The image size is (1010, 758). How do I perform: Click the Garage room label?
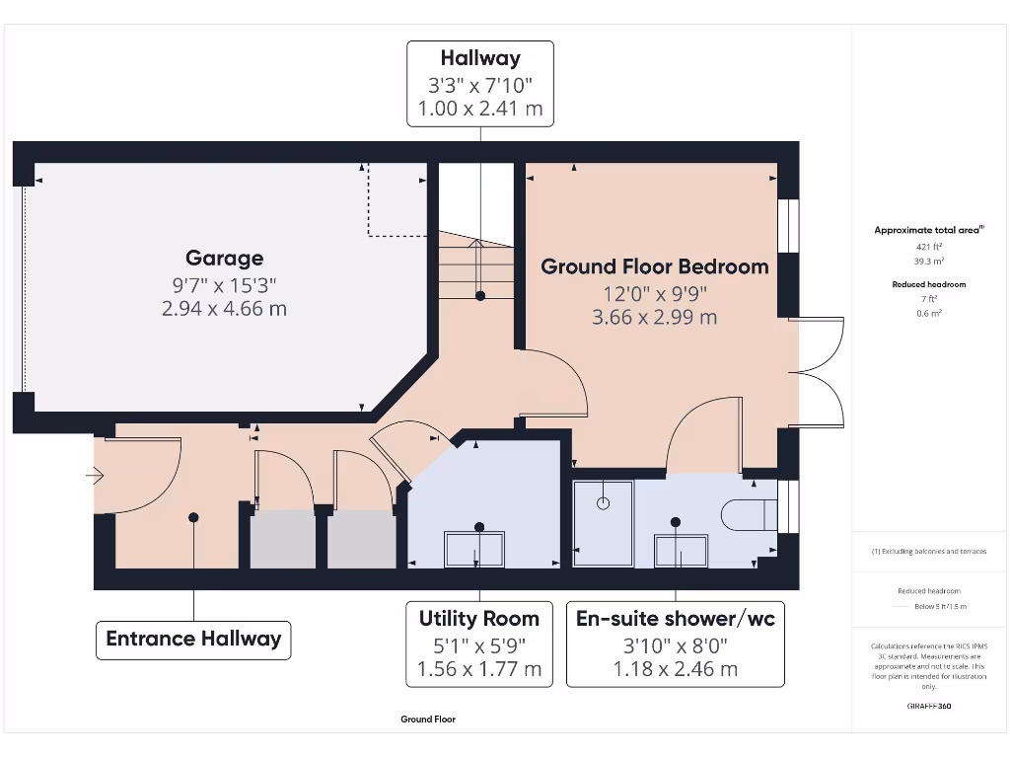[225, 259]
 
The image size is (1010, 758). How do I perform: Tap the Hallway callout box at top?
[480, 84]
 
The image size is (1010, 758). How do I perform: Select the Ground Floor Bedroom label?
[654, 266]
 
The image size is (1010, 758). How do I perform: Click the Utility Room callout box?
[479, 644]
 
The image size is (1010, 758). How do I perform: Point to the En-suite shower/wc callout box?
[676, 644]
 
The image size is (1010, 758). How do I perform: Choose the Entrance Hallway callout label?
[193, 639]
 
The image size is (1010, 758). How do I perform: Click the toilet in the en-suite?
[750, 514]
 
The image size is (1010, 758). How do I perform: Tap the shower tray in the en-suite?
[604, 523]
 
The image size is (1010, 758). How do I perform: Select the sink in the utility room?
[474, 549]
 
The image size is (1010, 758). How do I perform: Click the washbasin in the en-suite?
[681, 551]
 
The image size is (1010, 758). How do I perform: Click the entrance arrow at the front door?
[95, 478]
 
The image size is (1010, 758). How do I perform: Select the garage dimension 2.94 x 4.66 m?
[225, 309]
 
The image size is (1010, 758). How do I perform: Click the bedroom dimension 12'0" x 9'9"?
[655, 294]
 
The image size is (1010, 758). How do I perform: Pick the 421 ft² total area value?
[928, 247]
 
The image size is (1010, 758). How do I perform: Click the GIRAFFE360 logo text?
[928, 706]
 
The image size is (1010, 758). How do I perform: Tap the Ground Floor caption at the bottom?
[428, 720]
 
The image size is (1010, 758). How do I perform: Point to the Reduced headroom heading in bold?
[928, 284]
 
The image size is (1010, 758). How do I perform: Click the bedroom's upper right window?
[788, 227]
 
